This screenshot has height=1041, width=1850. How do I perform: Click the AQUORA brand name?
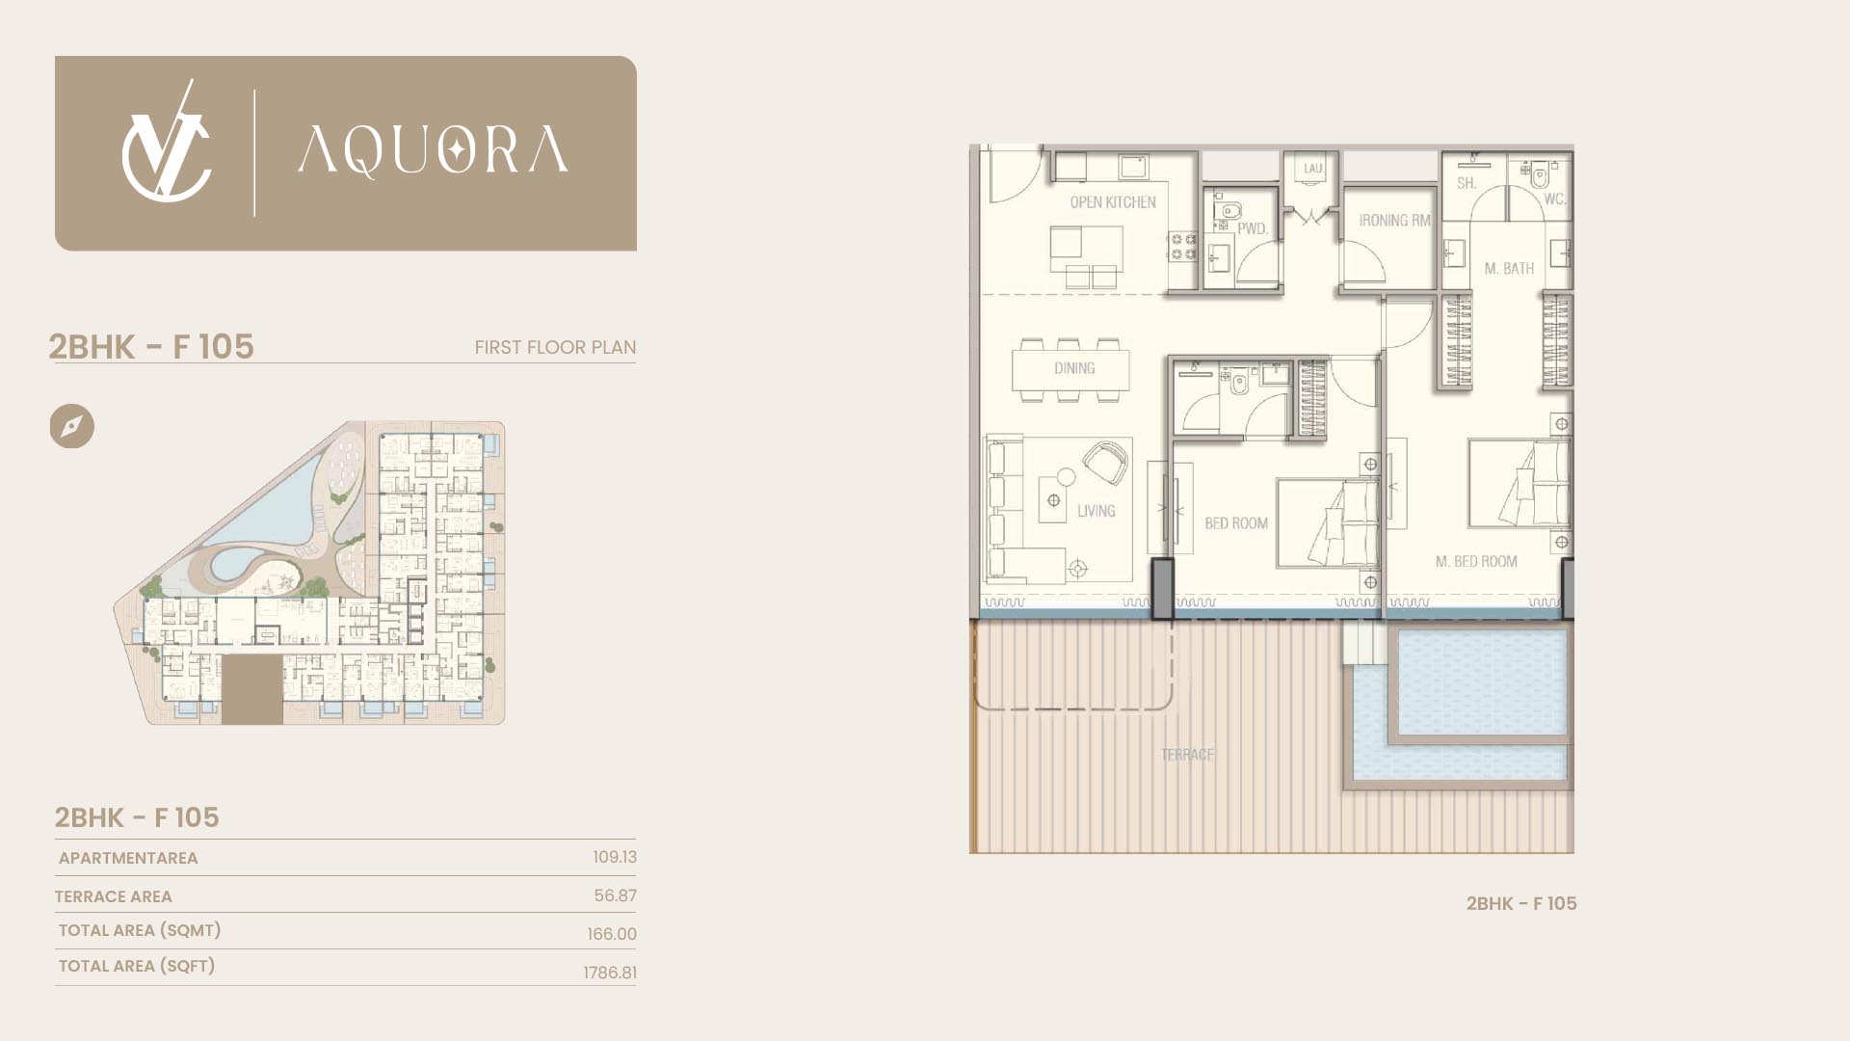[433, 150]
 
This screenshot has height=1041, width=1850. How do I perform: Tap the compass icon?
[72, 426]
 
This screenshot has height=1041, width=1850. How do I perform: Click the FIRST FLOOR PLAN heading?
[555, 347]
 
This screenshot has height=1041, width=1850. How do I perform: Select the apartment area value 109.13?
[615, 857]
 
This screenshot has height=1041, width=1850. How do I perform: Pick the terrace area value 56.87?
[615, 895]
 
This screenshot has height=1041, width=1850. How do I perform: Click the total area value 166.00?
[612, 934]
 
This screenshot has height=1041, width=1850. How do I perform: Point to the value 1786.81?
[610, 973]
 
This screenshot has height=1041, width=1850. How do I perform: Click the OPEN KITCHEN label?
[1113, 202]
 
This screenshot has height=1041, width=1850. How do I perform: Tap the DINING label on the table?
[1074, 368]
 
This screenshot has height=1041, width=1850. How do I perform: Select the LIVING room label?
[1097, 511]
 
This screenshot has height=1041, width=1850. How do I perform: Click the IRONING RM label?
[1394, 221]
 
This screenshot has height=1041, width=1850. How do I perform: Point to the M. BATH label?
[1509, 269]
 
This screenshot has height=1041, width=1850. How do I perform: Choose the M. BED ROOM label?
[1476, 561]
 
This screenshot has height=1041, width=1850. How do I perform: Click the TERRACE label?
[1187, 755]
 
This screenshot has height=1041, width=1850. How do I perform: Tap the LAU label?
[1313, 169]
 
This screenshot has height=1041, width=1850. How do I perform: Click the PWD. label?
[1253, 229]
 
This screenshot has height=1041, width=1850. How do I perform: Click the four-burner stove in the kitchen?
[1182, 247]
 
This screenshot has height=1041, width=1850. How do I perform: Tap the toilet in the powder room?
[1230, 210]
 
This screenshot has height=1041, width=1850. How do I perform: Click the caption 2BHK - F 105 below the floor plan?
[1521, 903]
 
